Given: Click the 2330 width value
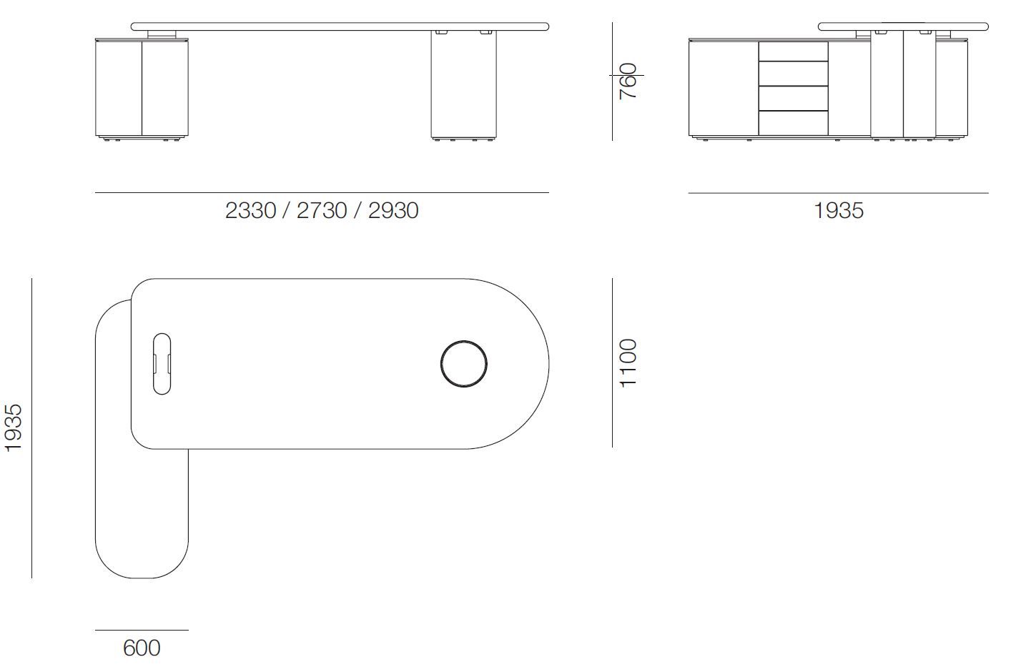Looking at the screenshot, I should (x=250, y=210).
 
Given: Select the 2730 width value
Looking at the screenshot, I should (x=322, y=210).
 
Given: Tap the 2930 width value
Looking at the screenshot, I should (x=393, y=210).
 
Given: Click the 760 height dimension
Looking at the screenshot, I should (x=628, y=81).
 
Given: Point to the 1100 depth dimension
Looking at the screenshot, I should (x=628, y=363).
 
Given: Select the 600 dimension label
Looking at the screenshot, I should (x=142, y=648).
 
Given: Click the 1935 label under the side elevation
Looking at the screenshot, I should (x=838, y=210).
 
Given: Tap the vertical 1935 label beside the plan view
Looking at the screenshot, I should (x=14, y=428).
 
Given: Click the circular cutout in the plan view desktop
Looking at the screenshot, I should (x=464, y=363).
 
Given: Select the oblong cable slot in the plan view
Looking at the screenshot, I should (x=162, y=363).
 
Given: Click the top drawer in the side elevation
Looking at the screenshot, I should (x=793, y=51).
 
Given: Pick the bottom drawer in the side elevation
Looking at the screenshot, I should (x=793, y=123).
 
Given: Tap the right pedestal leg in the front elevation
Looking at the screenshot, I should (x=464, y=84).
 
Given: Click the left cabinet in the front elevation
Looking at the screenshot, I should (x=142, y=87).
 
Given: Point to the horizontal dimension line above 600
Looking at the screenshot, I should (x=142, y=631).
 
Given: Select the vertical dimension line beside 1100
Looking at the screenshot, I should (x=613, y=363).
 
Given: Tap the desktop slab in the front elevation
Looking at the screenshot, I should (x=340, y=26).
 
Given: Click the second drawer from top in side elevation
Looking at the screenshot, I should (x=793, y=74).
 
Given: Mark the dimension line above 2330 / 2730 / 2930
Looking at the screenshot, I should (x=322, y=193).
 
